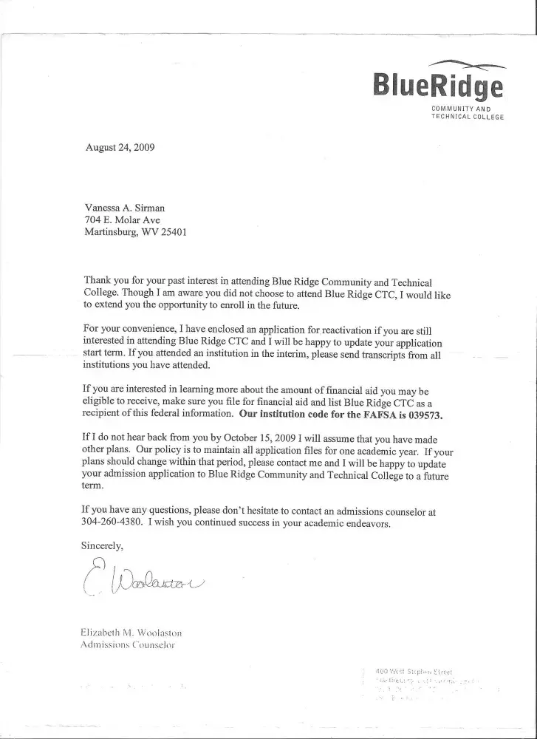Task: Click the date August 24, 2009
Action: coord(120,147)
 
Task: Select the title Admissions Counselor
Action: coord(126,644)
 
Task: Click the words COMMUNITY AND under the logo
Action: coord(467,110)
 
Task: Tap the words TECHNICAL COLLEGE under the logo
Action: coord(467,118)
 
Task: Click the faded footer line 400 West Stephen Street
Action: coord(414,670)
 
